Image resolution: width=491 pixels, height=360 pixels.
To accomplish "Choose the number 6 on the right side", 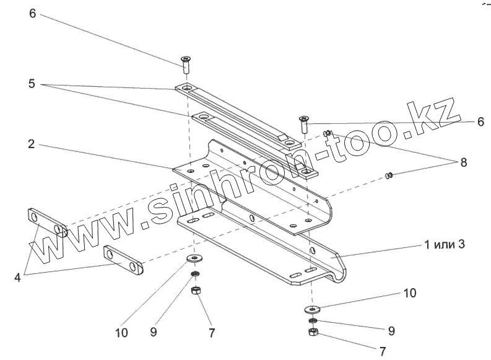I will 480,122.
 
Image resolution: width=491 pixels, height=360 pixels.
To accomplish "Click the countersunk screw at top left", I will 185,63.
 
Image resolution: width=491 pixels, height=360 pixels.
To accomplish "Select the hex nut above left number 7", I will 194,289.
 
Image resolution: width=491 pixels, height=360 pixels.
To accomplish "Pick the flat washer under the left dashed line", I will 194,258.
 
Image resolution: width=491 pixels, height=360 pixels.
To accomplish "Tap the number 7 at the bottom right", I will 383,352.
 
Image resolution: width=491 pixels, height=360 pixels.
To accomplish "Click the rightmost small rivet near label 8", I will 389,176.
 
